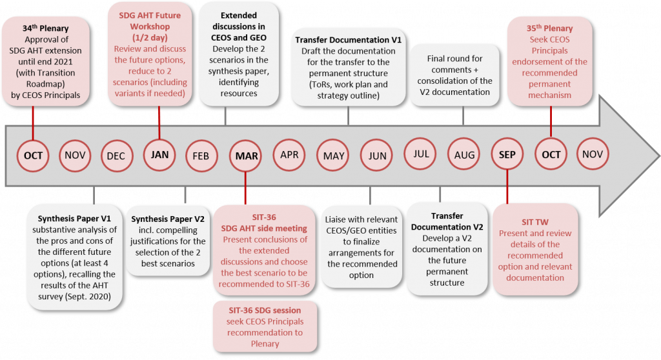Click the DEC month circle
point(117,156)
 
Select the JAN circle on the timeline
point(159,155)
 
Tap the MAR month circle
point(246,156)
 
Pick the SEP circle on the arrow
point(507,155)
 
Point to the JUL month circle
point(420,154)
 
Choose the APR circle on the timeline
point(289,155)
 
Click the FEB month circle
point(201,156)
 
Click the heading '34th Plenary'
point(46,28)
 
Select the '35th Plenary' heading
point(550,28)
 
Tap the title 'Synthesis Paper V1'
point(74,219)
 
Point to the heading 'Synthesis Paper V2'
point(168,219)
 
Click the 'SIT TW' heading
point(535,222)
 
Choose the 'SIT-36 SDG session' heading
point(265,310)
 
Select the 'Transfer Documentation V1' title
point(348,40)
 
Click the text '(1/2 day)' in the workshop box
point(150,37)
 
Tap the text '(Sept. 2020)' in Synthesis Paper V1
point(88,297)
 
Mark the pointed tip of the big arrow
point(659,155)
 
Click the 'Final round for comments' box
point(455,75)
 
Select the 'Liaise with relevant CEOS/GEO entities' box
point(361,247)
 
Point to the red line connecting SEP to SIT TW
point(507,187)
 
